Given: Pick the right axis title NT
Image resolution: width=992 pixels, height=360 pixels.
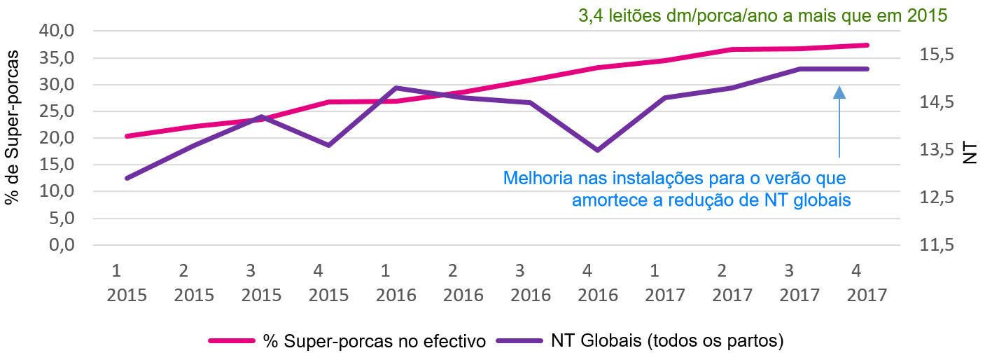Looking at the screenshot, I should tap(970, 153).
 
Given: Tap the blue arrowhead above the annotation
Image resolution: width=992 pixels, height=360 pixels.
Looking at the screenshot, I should tap(839, 92).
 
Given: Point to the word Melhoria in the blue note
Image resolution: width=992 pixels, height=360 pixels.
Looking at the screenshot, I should tap(534, 177).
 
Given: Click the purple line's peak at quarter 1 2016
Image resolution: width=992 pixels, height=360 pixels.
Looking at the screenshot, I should tap(396, 88).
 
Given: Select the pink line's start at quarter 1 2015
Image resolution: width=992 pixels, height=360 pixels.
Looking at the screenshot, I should tap(127, 136).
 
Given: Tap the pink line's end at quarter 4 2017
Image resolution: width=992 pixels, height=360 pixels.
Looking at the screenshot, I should tap(868, 45).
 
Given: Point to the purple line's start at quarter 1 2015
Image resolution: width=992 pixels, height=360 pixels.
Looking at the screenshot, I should tap(127, 178).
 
